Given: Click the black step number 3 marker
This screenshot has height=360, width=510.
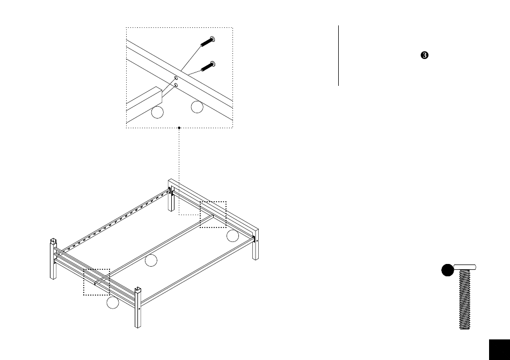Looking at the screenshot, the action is [425, 55].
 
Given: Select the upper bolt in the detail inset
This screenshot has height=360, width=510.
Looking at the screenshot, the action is [208, 41].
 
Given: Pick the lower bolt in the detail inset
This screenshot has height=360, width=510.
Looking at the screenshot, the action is [208, 66].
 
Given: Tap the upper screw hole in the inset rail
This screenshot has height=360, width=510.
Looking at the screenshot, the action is [176, 78].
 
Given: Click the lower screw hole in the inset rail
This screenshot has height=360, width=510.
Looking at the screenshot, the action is [176, 85].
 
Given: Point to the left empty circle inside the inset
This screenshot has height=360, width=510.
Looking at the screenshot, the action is [157, 113].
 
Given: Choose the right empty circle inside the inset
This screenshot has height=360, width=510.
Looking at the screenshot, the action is [197, 107].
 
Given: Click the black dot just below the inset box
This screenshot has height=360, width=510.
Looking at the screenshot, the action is [179, 128].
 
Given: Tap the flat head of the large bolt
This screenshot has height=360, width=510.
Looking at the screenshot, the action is [465, 267].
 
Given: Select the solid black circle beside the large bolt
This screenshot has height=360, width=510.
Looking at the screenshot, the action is [448, 270].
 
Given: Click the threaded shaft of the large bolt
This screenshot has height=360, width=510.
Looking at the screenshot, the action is [465, 299].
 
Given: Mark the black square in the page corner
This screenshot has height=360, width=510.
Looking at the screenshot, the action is [499, 350].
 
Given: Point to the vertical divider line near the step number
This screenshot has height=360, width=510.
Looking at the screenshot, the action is [339, 56].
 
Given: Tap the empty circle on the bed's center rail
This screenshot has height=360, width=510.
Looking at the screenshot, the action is [151, 260].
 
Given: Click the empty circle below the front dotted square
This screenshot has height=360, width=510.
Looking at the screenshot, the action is [113, 303].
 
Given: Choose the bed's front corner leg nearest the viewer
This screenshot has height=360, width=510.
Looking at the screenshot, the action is [138, 307].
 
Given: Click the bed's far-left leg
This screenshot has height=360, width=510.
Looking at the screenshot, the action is [53, 259].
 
